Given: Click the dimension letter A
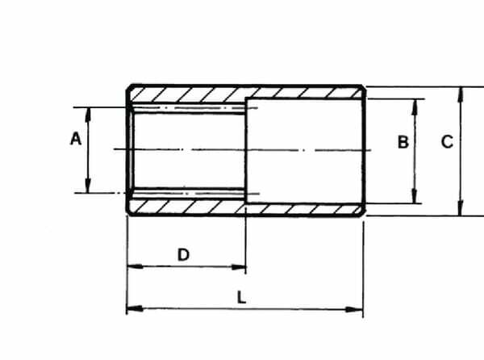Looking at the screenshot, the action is click(x=76, y=138).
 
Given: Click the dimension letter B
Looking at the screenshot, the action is click(x=403, y=142).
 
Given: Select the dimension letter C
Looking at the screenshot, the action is click(x=447, y=142).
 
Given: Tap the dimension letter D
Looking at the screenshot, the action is click(x=183, y=255).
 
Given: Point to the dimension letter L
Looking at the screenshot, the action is click(x=241, y=298).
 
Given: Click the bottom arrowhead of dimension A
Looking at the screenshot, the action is click(x=88, y=186).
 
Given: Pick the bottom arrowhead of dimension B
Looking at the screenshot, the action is click(x=415, y=196).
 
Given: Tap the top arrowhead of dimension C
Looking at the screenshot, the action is click(x=461, y=94).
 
